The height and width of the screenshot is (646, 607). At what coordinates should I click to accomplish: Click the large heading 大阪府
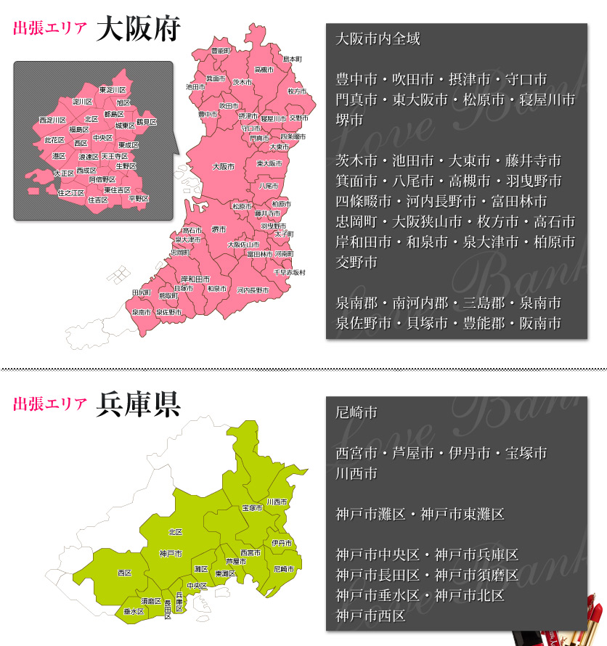coord(138,30)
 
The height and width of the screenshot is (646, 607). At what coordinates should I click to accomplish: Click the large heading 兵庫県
coord(138,404)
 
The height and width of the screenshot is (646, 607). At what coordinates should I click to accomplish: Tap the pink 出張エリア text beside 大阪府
coord(50,30)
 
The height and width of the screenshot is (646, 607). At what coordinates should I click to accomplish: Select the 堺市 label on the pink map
coord(219,229)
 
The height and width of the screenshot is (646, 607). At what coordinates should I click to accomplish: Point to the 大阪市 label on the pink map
coord(224,167)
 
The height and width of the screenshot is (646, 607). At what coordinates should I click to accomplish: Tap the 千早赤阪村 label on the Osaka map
coord(289,272)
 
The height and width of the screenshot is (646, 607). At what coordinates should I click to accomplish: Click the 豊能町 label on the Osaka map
coord(221,51)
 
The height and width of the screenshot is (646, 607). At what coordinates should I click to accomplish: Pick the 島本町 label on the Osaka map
coord(292,58)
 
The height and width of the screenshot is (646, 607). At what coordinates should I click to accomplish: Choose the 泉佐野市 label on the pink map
coord(169,312)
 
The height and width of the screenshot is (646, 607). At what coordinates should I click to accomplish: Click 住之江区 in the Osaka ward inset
coord(70,193)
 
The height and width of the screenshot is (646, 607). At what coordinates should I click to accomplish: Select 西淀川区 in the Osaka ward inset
coord(52,120)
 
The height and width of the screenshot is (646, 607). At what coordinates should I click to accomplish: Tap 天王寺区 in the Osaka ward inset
coord(114,156)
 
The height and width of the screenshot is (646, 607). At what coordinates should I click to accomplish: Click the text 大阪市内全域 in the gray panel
coord(378,39)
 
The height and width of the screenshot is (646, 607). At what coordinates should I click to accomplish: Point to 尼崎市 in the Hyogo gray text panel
coord(357,413)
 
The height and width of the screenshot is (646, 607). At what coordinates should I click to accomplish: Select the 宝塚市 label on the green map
coord(252,508)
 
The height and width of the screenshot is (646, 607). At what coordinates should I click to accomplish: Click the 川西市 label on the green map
coord(277,502)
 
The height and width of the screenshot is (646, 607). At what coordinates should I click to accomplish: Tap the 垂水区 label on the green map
coord(134,612)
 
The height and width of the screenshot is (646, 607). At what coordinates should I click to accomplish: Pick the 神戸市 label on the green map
coord(171,553)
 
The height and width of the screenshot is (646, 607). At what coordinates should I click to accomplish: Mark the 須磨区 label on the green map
coord(151,601)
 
